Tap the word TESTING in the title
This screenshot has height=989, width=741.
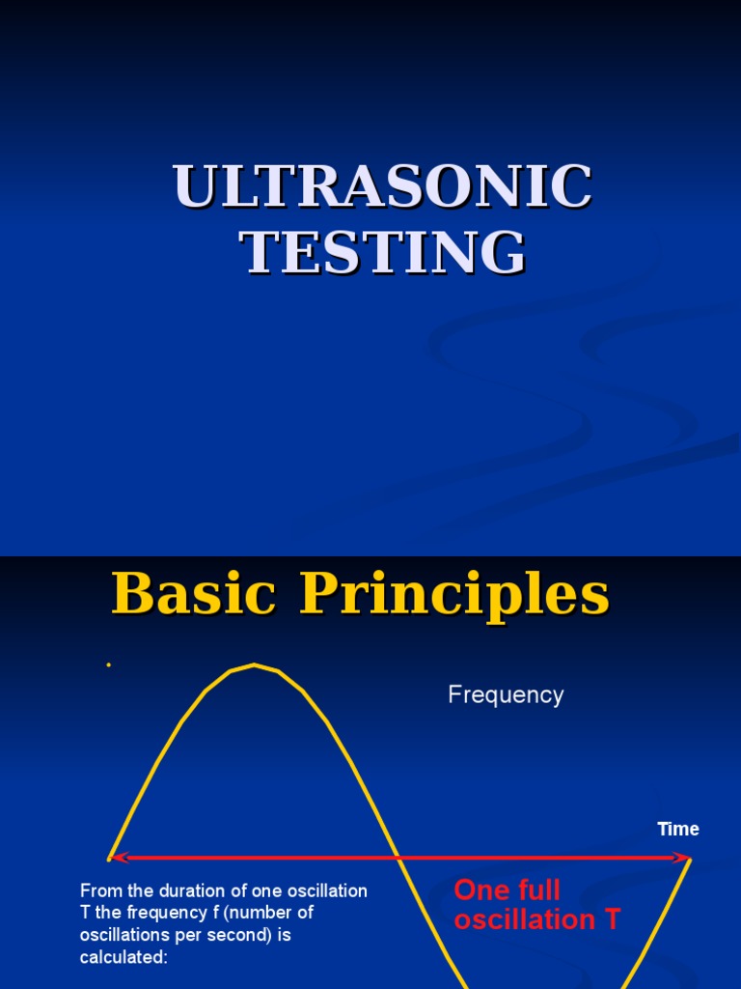382,253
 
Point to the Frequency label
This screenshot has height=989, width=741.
506,695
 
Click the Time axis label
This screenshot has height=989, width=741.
678,829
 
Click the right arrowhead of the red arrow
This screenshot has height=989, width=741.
686,858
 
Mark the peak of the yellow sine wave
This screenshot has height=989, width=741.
254,664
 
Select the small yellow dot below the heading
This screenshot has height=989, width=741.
109,665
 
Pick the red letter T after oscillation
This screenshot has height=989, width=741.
612,920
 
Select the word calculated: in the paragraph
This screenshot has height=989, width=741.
123,957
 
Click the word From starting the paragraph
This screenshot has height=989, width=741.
99,890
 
